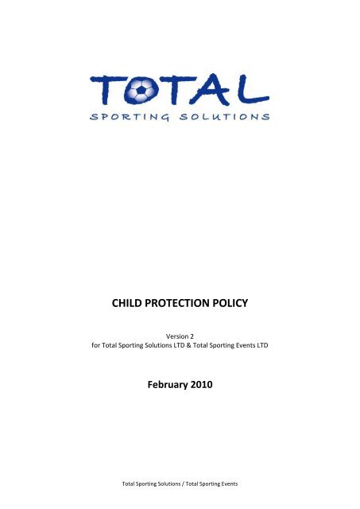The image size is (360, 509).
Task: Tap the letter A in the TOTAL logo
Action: [x=215, y=87]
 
